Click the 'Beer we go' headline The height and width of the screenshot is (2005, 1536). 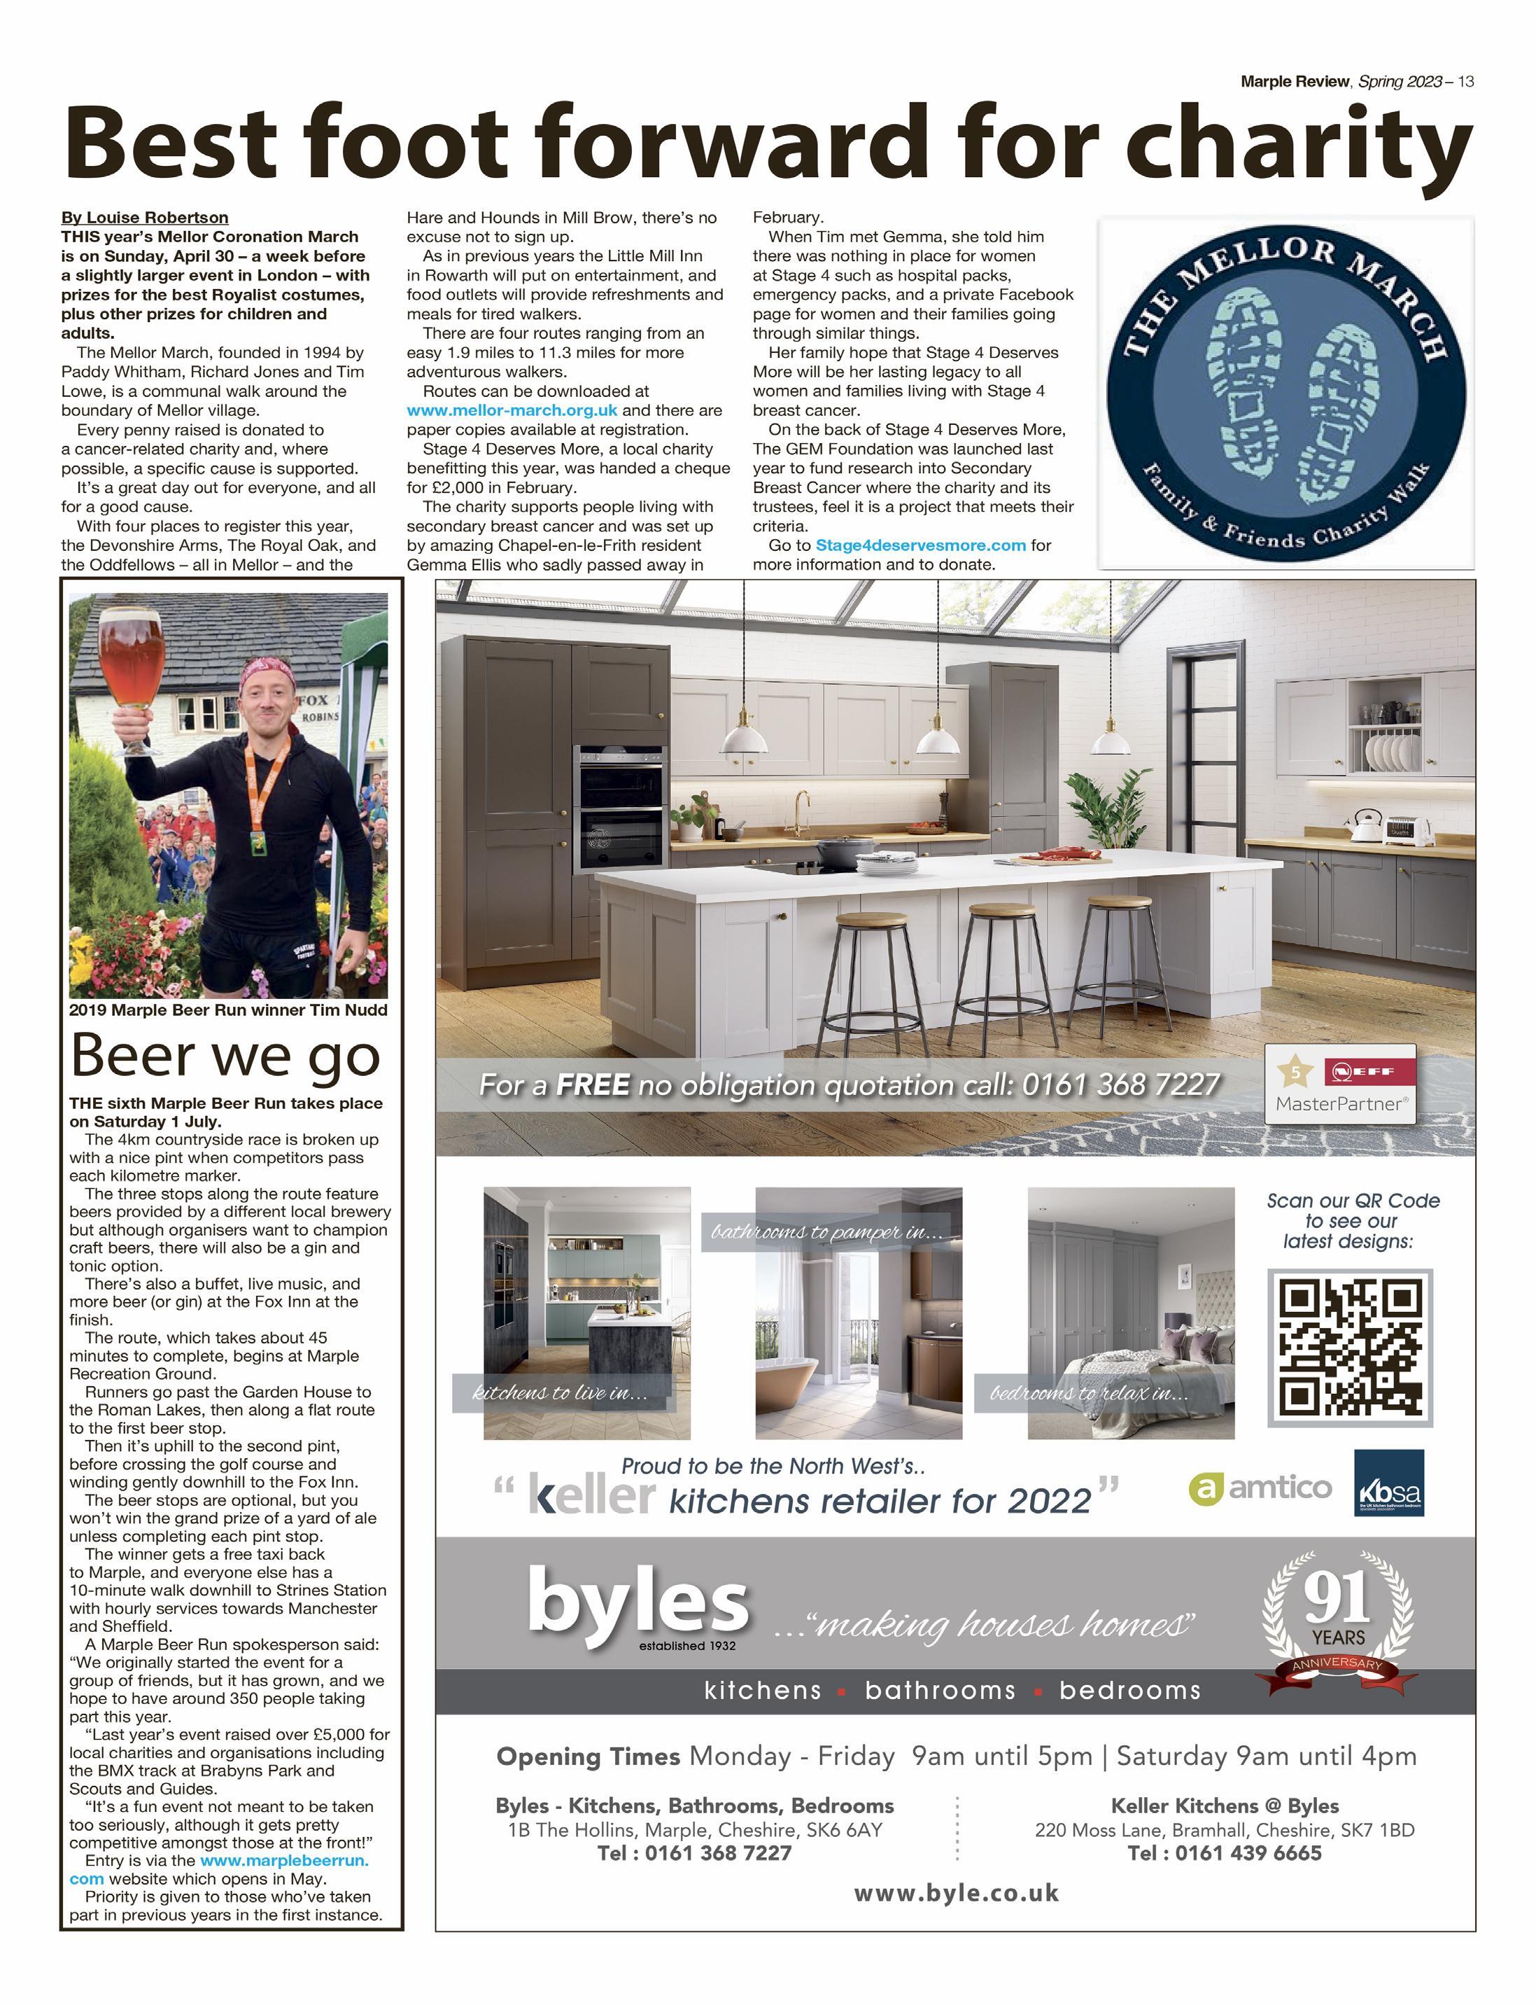[x=225, y=1054]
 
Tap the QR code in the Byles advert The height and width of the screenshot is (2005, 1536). [x=1349, y=1348]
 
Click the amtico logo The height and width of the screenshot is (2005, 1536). [x=1260, y=1488]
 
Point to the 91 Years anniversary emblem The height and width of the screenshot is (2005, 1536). [x=1337, y=1620]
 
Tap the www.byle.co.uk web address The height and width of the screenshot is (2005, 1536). [x=957, y=1894]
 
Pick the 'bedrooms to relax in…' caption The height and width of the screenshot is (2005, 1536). [x=1089, y=1394]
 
